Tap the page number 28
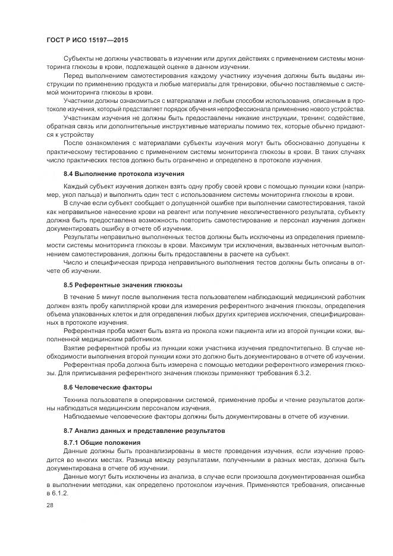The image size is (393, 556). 50,505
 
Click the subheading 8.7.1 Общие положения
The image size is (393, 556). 102,443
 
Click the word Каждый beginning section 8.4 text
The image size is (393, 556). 77,187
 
